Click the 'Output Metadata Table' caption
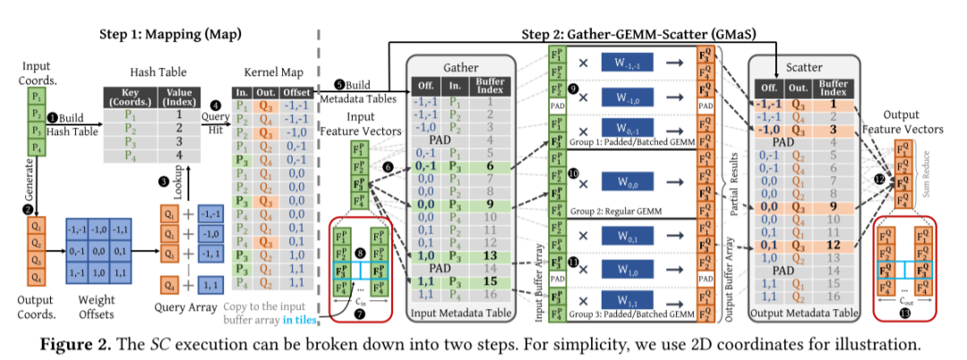tap(804, 312)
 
